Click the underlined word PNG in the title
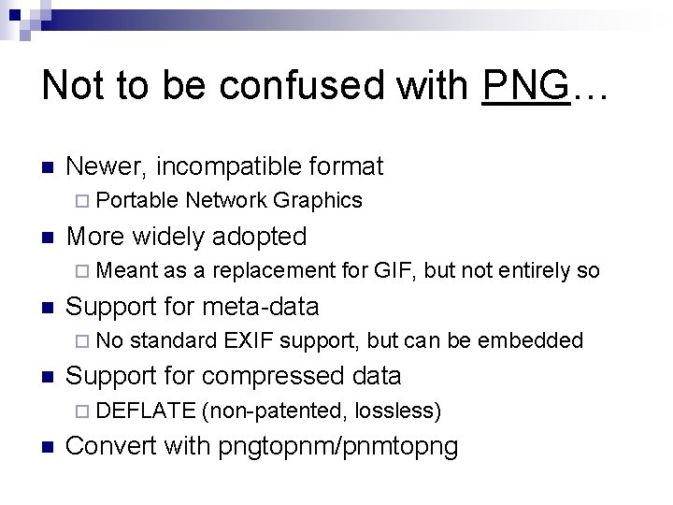click(525, 87)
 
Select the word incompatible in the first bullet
click(232, 167)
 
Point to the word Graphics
click(319, 200)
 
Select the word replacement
click(273, 270)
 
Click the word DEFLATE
click(146, 410)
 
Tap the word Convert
click(112, 447)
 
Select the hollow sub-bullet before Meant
click(82, 271)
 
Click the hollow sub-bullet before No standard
click(82, 341)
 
